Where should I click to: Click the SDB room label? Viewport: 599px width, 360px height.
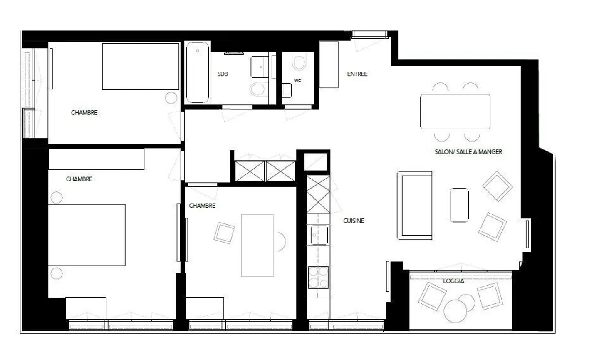pos(223,74)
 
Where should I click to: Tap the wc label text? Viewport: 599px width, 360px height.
pos(297,80)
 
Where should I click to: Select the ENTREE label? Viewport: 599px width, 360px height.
pos(357,74)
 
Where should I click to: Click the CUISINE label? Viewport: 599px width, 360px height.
pos(354,221)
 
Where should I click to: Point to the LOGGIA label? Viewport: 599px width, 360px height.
pos(453,281)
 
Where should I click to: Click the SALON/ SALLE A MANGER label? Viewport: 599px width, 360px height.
pos(468,152)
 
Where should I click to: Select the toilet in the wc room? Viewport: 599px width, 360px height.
pos(299,62)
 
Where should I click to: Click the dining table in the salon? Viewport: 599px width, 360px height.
pos(455,112)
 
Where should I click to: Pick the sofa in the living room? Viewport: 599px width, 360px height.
pos(414,205)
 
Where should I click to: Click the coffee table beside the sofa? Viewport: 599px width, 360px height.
pos(459,205)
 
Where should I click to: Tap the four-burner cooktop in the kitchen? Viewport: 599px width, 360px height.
pos(318,277)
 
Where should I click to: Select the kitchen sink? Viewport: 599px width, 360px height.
pos(319,235)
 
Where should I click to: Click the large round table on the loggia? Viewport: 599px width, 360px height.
pos(455,311)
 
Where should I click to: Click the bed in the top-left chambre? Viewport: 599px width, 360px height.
pos(141,67)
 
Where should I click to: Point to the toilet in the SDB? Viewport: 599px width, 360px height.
pos(259,88)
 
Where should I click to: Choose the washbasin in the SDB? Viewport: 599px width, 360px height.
pos(260,67)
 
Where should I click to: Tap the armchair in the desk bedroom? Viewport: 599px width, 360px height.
pos(224,233)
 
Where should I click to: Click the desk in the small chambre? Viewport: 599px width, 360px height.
pos(257,245)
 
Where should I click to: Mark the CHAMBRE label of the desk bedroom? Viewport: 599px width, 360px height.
pos(202,206)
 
